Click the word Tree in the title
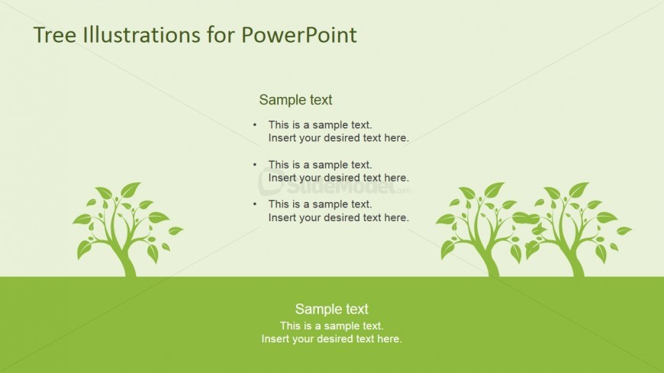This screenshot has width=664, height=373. [x=53, y=35]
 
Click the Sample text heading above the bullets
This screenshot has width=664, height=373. [x=295, y=100]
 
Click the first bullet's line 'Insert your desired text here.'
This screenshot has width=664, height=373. [x=338, y=138]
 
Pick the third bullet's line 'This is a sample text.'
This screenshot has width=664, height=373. [x=320, y=204]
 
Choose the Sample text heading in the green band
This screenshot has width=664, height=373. [x=331, y=309]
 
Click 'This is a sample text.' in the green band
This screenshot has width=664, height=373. [x=331, y=326]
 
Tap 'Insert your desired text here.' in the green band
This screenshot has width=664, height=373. [x=331, y=339]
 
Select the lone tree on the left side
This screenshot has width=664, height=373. [x=126, y=229]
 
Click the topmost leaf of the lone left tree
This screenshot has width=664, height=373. [x=131, y=189]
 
